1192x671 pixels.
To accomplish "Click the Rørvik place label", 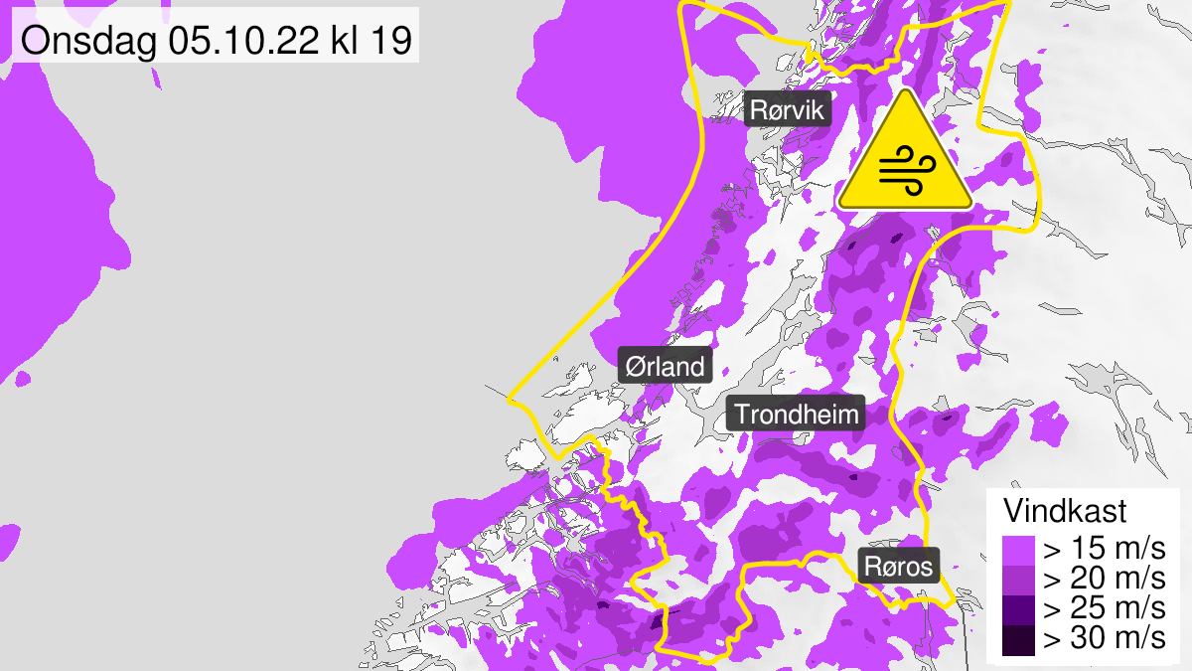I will point(788,110).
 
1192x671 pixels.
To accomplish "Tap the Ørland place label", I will point(665,366).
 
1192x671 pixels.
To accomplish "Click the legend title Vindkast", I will point(1065,512).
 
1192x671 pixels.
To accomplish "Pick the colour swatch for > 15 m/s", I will point(1017,550).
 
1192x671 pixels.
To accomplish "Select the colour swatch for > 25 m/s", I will point(1017,609).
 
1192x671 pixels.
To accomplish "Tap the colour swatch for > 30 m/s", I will point(1017,639).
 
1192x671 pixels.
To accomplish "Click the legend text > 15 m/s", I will point(1101,550).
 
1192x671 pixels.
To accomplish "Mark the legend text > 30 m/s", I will point(1101,639).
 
